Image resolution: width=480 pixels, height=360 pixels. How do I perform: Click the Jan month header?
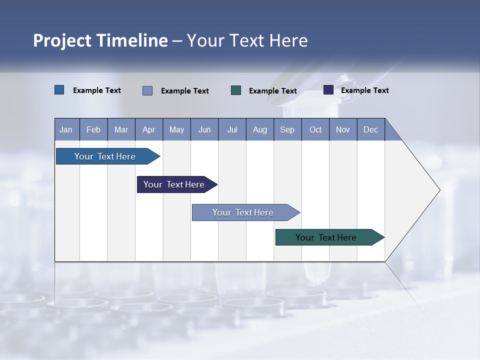click(66, 129)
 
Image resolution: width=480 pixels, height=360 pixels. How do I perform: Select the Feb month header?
click(93, 129)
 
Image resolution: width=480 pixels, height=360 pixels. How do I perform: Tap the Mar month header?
click(121, 129)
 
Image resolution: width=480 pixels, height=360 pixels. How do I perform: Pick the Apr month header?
click(149, 129)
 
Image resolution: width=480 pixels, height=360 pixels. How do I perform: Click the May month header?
click(176, 129)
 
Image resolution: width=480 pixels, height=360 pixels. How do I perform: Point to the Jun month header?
click(204, 129)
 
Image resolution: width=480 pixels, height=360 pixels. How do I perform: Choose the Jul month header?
click(232, 129)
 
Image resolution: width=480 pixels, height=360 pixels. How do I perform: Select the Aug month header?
click(260, 129)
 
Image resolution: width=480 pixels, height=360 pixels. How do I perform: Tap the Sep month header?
click(287, 129)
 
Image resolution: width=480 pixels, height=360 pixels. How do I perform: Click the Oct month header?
click(315, 129)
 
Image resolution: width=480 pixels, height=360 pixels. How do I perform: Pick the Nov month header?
click(343, 129)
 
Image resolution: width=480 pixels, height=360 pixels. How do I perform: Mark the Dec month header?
click(371, 129)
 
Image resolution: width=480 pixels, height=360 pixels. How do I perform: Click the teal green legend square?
click(236, 90)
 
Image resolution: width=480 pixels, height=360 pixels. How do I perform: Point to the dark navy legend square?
click(328, 90)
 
